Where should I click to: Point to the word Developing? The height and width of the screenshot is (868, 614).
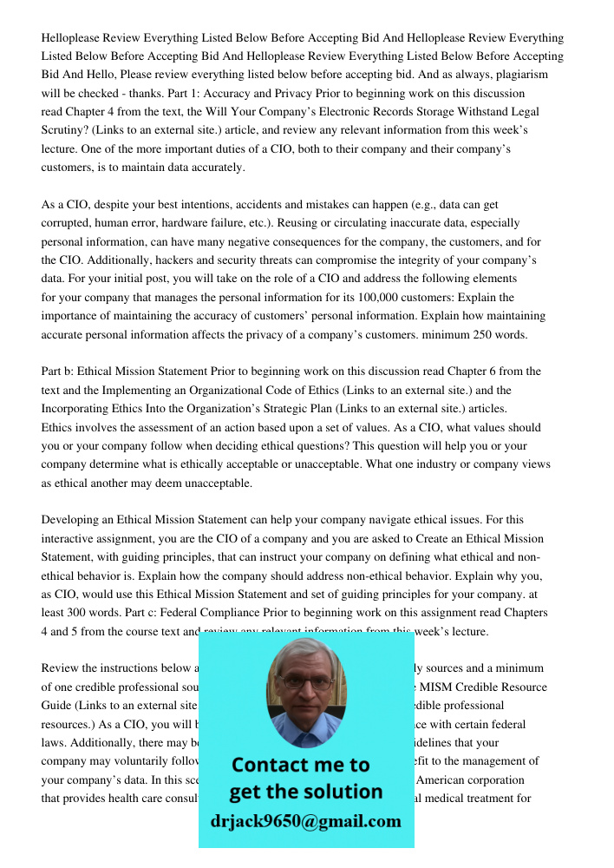pos(72,521)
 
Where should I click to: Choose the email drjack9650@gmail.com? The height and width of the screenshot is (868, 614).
pos(305,820)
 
